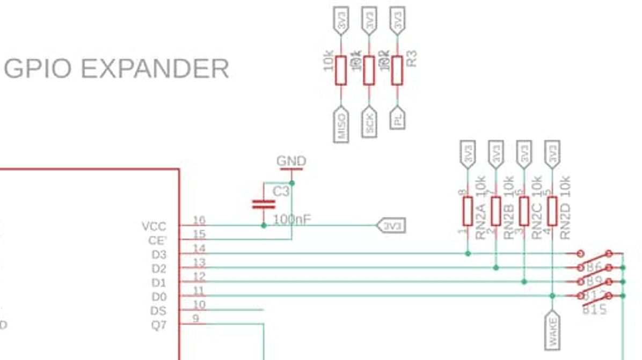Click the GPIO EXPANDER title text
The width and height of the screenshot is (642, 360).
coord(116,69)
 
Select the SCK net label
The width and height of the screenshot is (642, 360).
coord(369,123)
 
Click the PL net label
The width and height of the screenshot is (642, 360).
coord(397,119)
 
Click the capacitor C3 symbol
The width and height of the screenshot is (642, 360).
coord(264,203)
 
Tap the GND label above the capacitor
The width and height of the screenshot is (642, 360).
coord(291,161)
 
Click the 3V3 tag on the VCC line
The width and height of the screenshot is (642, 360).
coord(392,226)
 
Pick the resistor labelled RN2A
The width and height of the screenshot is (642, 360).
coord(468,211)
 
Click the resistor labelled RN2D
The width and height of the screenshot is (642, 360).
coord(552,211)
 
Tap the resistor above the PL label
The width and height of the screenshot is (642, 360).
coord(397,70)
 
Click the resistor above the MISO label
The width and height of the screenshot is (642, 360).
coord(341,70)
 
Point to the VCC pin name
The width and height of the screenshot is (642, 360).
coord(154,226)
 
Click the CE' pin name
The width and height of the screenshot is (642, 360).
coord(157,240)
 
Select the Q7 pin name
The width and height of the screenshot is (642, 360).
coord(159,325)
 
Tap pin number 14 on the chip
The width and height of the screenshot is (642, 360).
coord(199,248)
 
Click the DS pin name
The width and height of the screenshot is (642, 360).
coord(159,311)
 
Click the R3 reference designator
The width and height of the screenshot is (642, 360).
coord(412,58)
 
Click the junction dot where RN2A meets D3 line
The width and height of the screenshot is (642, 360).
coord(468,253)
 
